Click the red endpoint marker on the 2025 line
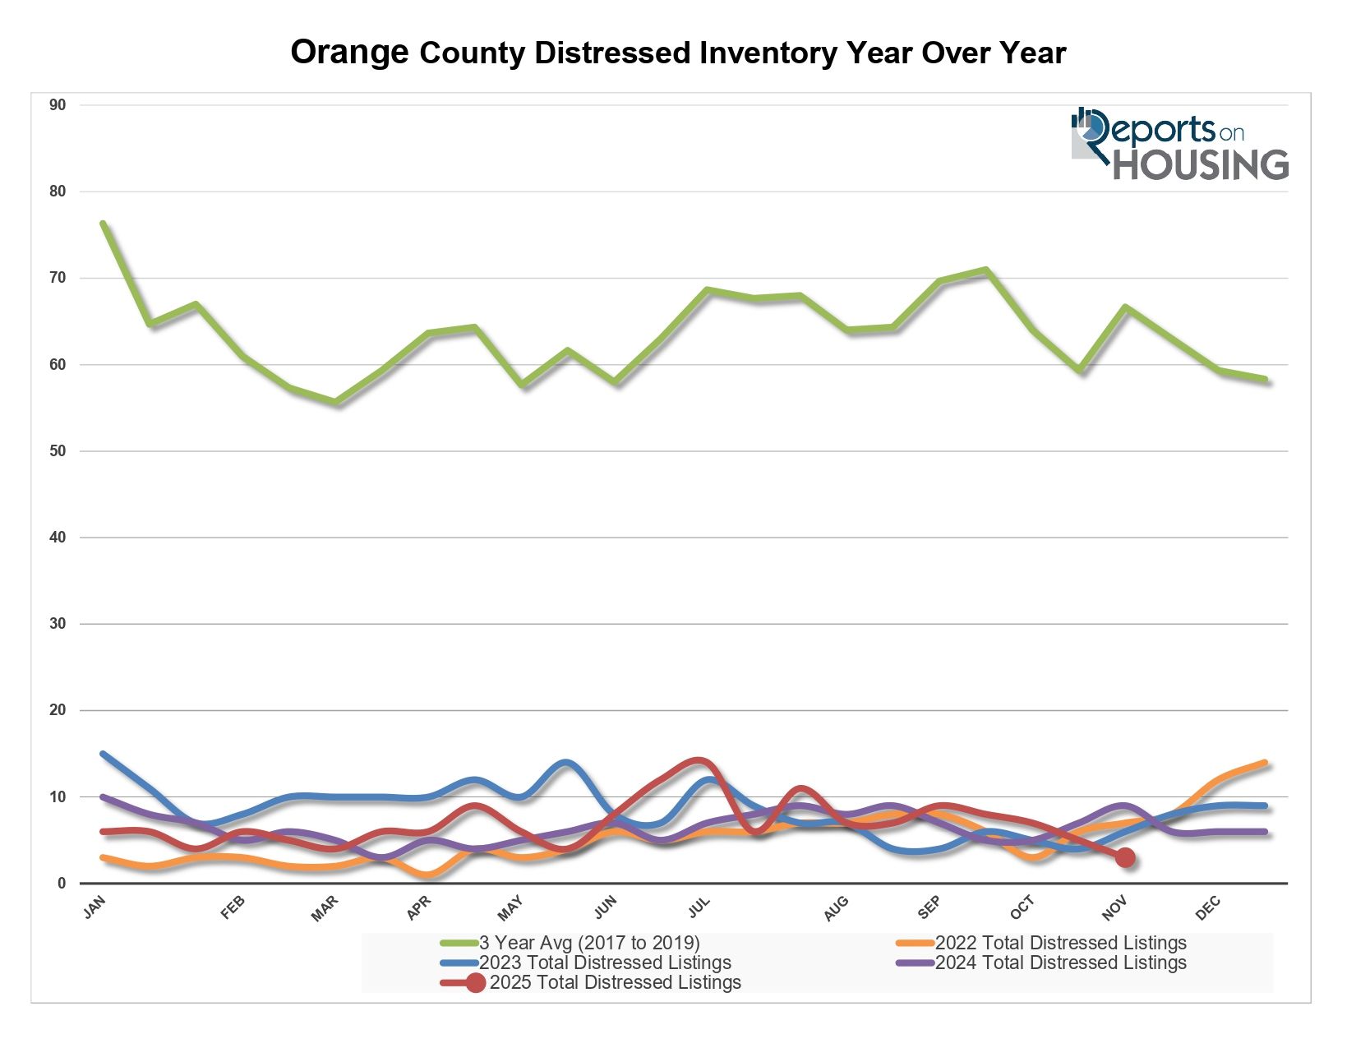click(1125, 857)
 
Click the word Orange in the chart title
click(349, 53)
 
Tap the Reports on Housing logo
click(1179, 144)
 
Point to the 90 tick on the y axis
click(58, 105)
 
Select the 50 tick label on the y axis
click(58, 451)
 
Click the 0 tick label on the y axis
click(61, 884)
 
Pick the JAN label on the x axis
click(95, 907)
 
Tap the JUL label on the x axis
click(699, 907)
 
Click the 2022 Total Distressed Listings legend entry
click(1060, 943)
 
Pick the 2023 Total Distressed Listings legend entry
click(605, 963)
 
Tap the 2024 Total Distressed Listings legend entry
click(1060, 963)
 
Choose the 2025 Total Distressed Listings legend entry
click(615, 982)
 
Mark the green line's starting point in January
click(103, 223)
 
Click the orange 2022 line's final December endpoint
click(1266, 763)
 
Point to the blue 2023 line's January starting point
click(103, 754)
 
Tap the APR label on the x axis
click(419, 908)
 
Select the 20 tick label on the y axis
click(58, 710)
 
